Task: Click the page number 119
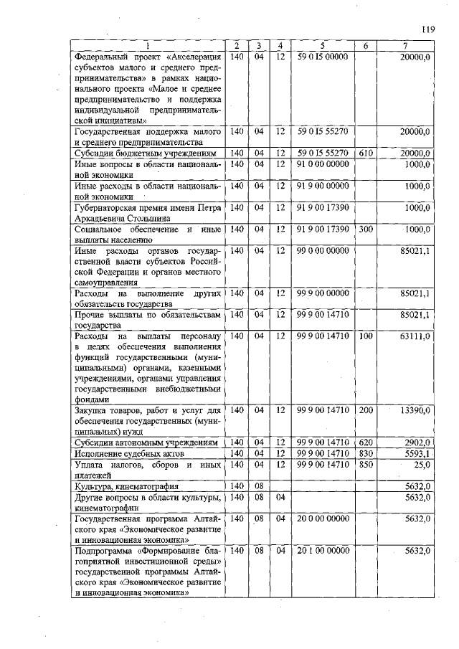pyautogui.click(x=429, y=29)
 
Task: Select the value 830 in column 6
pyautogui.click(x=366, y=453)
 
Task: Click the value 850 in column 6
pyautogui.click(x=366, y=464)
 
